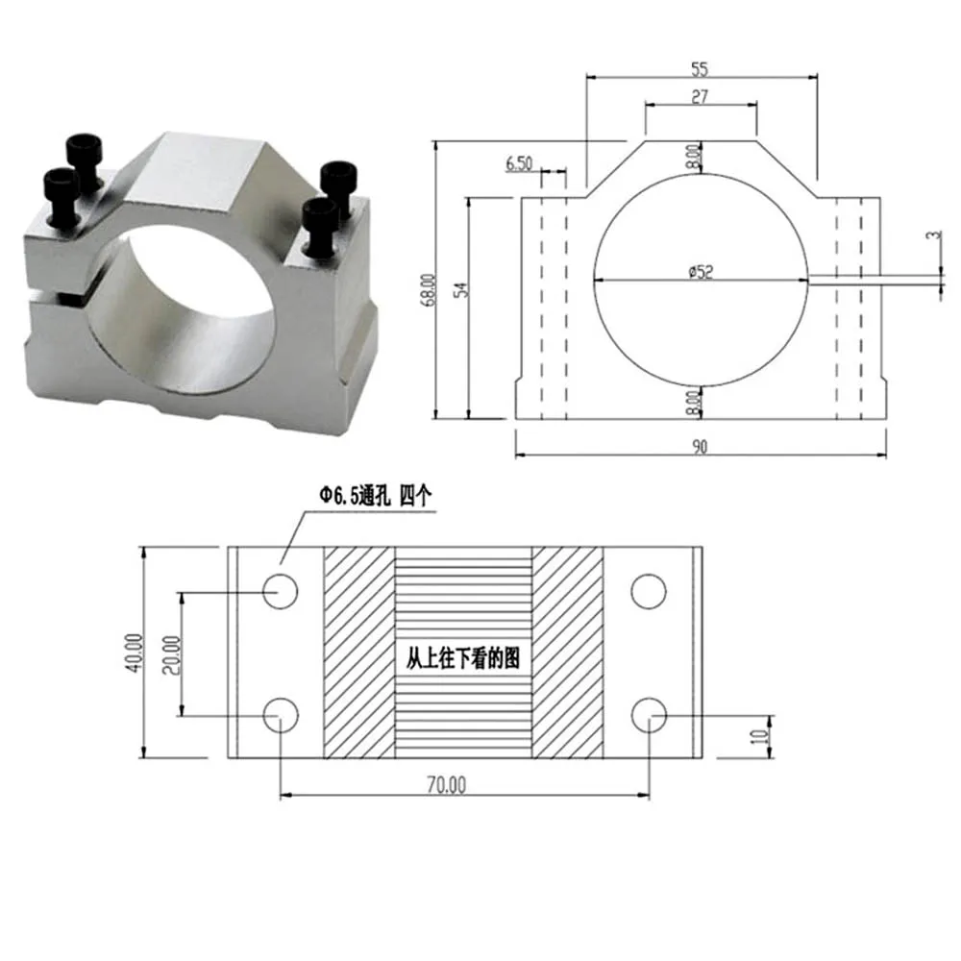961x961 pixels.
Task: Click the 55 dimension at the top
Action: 699,69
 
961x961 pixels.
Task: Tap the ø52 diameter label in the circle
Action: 701,272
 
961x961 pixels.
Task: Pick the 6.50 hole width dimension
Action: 519,162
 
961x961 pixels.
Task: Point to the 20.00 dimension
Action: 171,653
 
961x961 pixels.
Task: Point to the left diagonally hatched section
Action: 358,653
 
